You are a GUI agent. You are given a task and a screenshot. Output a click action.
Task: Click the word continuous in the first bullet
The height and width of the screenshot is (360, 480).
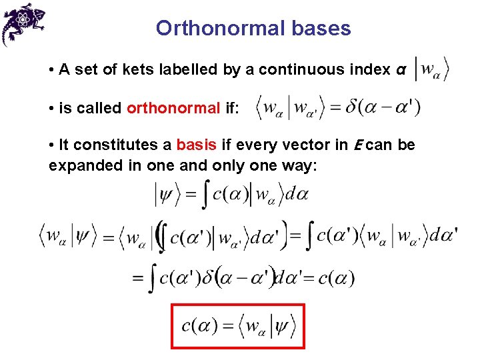click(x=297, y=69)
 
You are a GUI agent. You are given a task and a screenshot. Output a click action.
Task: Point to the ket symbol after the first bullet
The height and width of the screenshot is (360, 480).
click(x=431, y=69)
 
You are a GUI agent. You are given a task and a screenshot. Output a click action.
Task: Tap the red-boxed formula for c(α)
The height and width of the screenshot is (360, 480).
click(x=238, y=326)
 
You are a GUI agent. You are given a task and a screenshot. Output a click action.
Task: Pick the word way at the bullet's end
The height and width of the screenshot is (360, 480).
click(x=304, y=165)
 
